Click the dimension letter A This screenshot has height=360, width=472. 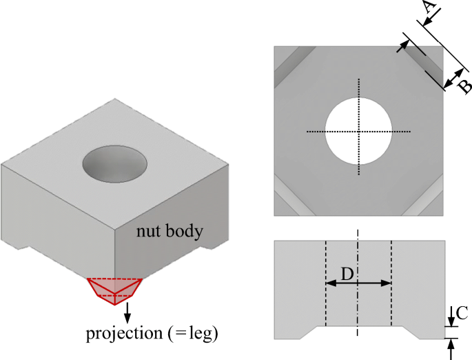[x=429, y=9]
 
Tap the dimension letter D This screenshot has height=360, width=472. [x=347, y=274]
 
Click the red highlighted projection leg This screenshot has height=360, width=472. [x=114, y=290]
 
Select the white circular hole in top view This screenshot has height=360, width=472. [x=358, y=131]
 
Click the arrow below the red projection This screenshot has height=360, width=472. [x=127, y=314]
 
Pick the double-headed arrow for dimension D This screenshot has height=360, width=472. [x=358, y=283]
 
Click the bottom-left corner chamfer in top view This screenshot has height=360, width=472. [x=289, y=199]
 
